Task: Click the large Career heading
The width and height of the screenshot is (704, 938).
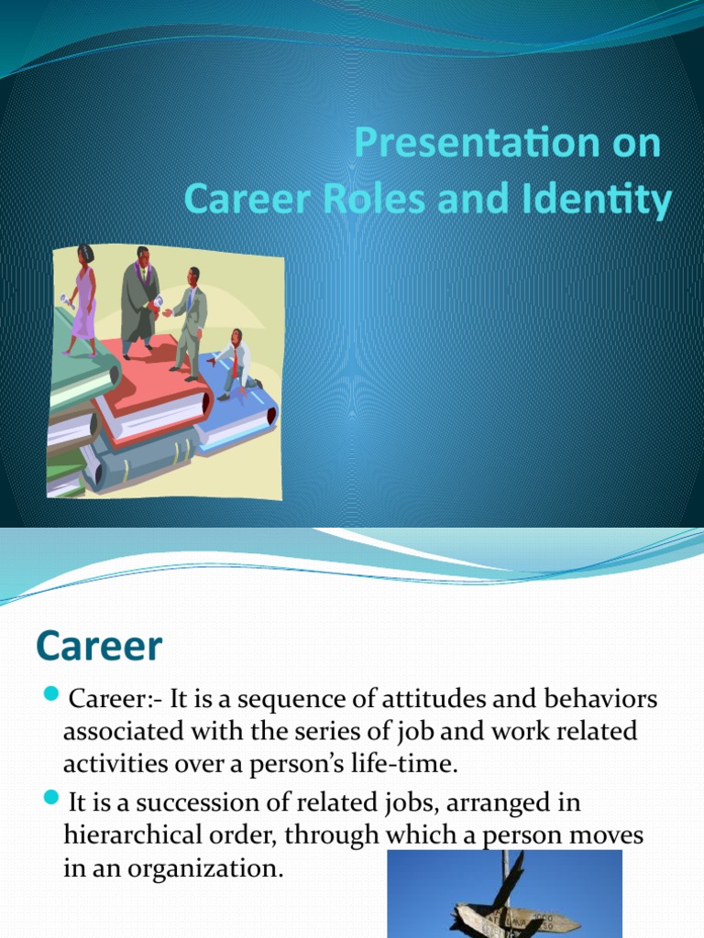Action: point(99,647)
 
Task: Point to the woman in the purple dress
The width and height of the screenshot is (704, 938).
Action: point(83,298)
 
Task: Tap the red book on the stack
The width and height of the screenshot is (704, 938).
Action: point(147,385)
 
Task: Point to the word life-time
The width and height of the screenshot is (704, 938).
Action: point(422,763)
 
